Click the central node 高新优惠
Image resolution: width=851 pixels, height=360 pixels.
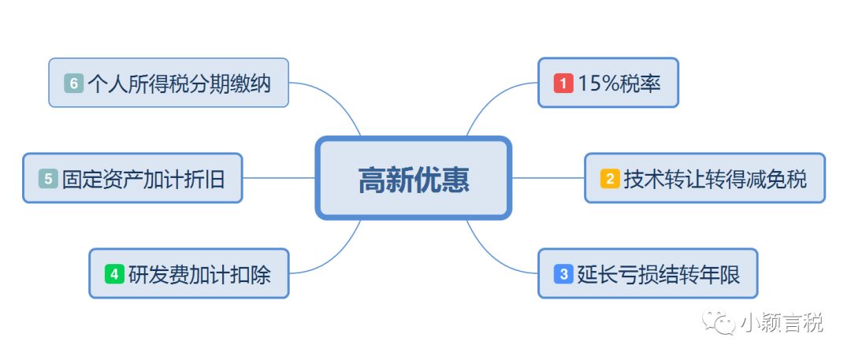pos(414,178)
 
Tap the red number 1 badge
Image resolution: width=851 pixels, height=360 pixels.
pos(563,84)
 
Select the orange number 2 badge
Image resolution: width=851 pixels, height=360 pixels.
pos(610,179)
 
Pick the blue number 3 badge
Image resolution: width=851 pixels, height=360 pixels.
pos(563,274)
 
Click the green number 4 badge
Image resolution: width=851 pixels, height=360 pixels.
pos(114,274)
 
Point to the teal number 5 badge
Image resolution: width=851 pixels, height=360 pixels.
pos(48,179)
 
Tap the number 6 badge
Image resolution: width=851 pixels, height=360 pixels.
pos(74,84)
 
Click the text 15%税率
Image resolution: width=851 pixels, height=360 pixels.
pos(619,84)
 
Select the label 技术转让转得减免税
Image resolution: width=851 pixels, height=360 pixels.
pos(715,179)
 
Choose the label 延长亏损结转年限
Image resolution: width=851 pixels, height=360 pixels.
pos(658,274)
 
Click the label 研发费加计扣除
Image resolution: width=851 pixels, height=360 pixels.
pos(199,274)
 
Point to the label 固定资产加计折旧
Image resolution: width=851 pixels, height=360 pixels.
pos(143,179)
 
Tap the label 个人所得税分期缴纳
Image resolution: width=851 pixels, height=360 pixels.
pos(179,84)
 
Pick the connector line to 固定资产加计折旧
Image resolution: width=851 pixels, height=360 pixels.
pos(279,177)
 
